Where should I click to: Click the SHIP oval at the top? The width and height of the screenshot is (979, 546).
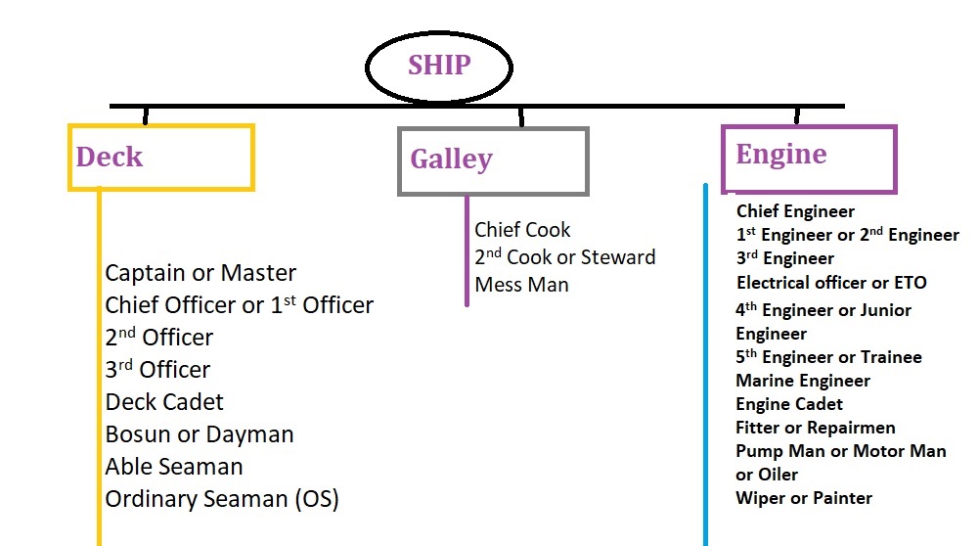pyautogui.click(x=439, y=67)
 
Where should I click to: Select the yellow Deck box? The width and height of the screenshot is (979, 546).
pyautogui.click(x=161, y=157)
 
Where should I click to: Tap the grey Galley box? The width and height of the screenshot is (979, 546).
pyautogui.click(x=493, y=160)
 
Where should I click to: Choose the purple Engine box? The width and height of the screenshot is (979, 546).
pyautogui.click(x=809, y=157)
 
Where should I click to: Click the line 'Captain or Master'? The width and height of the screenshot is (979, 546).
pyautogui.click(x=200, y=273)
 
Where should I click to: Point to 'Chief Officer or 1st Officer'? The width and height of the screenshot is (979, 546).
pyautogui.click(x=239, y=305)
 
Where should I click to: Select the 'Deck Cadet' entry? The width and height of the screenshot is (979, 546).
pyautogui.click(x=164, y=402)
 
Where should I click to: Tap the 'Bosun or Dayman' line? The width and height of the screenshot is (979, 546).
pyautogui.click(x=200, y=434)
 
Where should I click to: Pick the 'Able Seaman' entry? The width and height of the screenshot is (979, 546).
pyautogui.click(x=174, y=467)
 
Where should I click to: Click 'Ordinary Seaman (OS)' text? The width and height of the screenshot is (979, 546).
pyautogui.click(x=222, y=499)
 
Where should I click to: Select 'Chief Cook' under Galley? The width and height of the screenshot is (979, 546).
pyautogui.click(x=522, y=230)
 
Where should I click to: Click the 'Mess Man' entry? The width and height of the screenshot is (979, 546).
pyautogui.click(x=521, y=285)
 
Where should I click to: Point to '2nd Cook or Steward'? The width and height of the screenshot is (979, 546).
pyautogui.click(x=565, y=257)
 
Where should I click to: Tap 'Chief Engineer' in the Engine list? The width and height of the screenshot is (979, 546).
pyautogui.click(x=795, y=211)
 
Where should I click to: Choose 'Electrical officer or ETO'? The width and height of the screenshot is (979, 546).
pyautogui.click(x=831, y=283)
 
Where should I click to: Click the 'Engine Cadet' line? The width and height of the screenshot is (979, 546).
pyautogui.click(x=789, y=404)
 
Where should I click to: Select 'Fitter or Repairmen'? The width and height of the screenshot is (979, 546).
pyautogui.click(x=816, y=428)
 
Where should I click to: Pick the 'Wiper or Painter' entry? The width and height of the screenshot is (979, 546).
pyautogui.click(x=804, y=498)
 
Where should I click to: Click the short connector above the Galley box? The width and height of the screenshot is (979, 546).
pyautogui.click(x=521, y=116)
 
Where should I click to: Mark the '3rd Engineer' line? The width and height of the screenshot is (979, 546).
pyautogui.click(x=785, y=259)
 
